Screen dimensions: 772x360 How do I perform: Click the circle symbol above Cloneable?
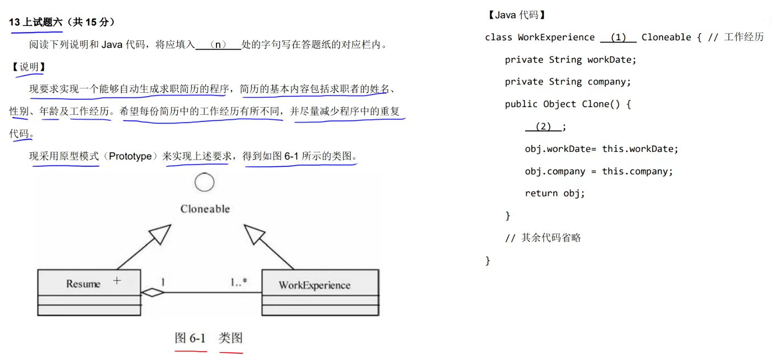[x=204, y=183]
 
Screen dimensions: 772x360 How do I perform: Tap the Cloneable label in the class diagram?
[x=205, y=209]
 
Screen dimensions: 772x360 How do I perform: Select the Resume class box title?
[x=83, y=284]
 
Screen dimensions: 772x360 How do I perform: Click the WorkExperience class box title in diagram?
[x=314, y=285]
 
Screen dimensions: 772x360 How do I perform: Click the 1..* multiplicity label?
[x=239, y=282]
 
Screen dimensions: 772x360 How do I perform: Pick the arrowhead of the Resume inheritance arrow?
[x=161, y=235]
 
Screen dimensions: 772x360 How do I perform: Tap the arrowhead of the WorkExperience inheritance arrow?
[x=253, y=234]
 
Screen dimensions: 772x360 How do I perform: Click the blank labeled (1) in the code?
[x=618, y=38]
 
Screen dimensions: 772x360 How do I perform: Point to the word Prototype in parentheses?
[x=130, y=156]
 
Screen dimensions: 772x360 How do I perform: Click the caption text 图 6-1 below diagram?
[x=190, y=338]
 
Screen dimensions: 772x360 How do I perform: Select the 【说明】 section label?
[x=29, y=67]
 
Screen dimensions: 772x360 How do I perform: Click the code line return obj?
[x=554, y=193]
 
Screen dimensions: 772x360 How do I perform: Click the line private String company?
[x=568, y=82]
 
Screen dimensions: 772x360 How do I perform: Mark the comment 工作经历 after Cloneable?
[x=743, y=37]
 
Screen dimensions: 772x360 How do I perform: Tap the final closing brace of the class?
[x=488, y=261]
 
